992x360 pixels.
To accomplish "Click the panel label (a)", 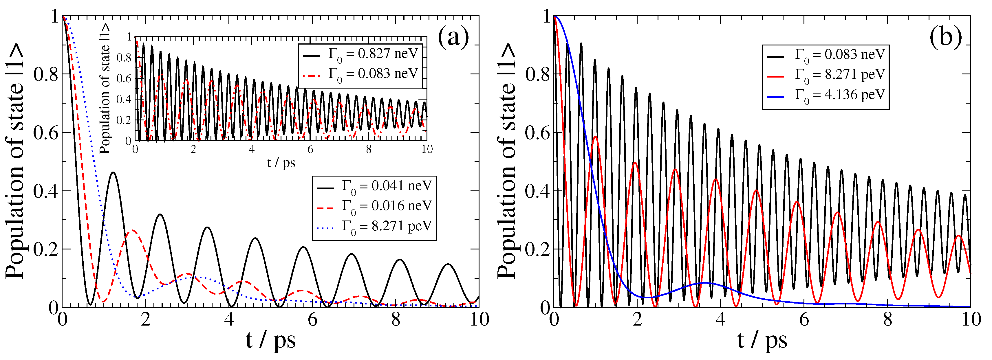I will pyautogui.click(x=453, y=37).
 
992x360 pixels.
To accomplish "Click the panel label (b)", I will pyautogui.click(x=945, y=37).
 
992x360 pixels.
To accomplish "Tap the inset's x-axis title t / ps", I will pyautogui.click(x=281, y=163).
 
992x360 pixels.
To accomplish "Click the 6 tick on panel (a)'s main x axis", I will pyautogui.click(x=312, y=319).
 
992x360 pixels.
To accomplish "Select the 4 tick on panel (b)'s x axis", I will pyautogui.click(x=720, y=319).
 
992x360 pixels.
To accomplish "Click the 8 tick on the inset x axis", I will pyautogui.click(x=369, y=149).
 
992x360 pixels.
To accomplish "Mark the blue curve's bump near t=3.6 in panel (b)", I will pyautogui.click(x=705, y=283).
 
